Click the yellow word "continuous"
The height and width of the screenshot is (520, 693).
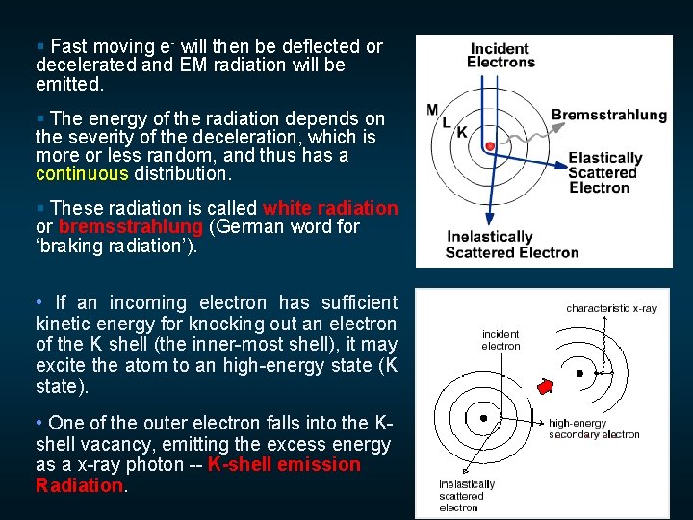(82, 174)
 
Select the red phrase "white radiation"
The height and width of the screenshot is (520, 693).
(329, 208)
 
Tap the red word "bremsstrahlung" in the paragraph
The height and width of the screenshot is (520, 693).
(131, 227)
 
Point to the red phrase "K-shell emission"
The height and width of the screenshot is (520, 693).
(284, 465)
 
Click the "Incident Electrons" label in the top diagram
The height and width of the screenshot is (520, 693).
(500, 55)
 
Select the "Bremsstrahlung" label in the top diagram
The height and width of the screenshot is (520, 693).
(608, 115)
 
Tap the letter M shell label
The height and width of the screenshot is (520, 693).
(432, 110)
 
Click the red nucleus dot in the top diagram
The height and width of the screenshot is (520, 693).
(490, 145)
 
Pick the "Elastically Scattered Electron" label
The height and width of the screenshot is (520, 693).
(604, 172)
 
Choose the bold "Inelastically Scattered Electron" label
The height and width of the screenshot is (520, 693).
(511, 245)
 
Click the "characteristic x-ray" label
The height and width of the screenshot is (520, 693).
(611, 308)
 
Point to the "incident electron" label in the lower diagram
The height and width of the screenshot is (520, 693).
(500, 340)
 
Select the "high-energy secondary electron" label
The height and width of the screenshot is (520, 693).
(593, 429)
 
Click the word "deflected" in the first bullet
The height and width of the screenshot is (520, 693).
(317, 46)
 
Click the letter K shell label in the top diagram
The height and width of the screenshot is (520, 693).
(461, 132)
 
